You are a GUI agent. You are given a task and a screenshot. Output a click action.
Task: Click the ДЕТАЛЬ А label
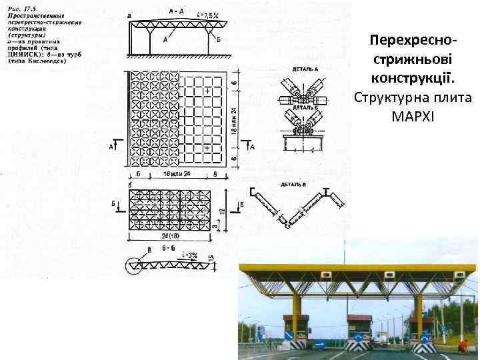pyautogui.click(x=305, y=69)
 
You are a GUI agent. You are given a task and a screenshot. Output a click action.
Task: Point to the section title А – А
pyautogui.click(x=178, y=11)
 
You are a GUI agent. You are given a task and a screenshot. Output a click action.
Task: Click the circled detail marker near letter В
pyautogui.click(x=134, y=266)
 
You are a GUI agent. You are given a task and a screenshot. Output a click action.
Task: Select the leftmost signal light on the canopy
pyautogui.click(x=326, y=275)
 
